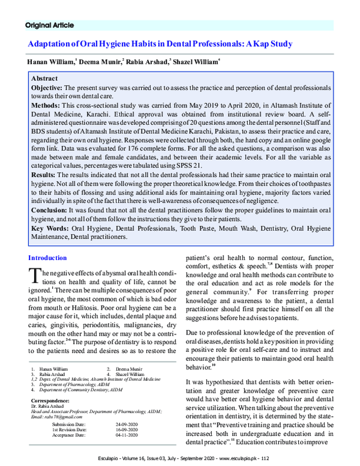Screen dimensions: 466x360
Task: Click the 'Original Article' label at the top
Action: pos(49,25)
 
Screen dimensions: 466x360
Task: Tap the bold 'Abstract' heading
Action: pos(44,79)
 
